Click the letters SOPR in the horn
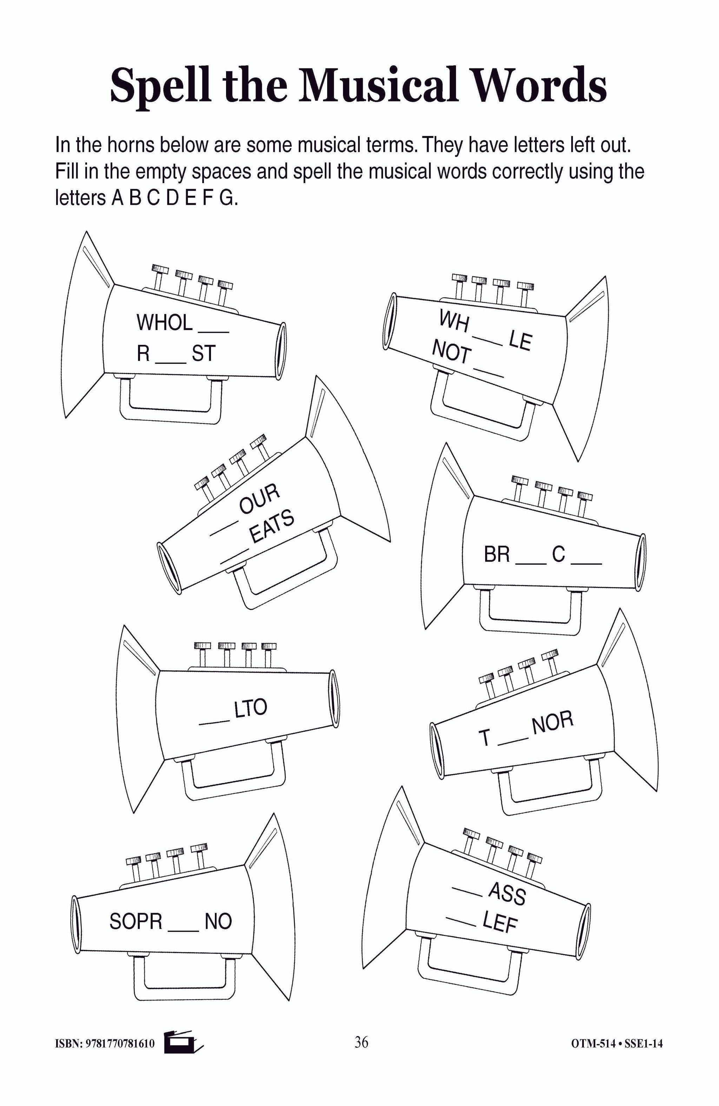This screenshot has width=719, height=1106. pyautogui.click(x=136, y=921)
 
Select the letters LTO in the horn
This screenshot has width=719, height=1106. pyautogui.click(x=250, y=708)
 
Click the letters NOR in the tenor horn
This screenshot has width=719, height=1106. pyautogui.click(x=553, y=723)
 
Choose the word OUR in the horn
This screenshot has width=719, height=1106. pyautogui.click(x=259, y=498)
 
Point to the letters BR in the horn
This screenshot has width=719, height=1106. pyautogui.click(x=497, y=554)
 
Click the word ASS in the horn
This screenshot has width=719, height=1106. pyautogui.click(x=507, y=893)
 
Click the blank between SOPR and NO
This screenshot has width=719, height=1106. pyautogui.click(x=183, y=929)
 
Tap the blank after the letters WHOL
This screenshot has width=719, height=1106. pyautogui.click(x=214, y=330)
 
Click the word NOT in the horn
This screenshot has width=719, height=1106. pyautogui.click(x=451, y=351)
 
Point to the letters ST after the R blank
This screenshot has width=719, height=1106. pyautogui.click(x=204, y=354)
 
